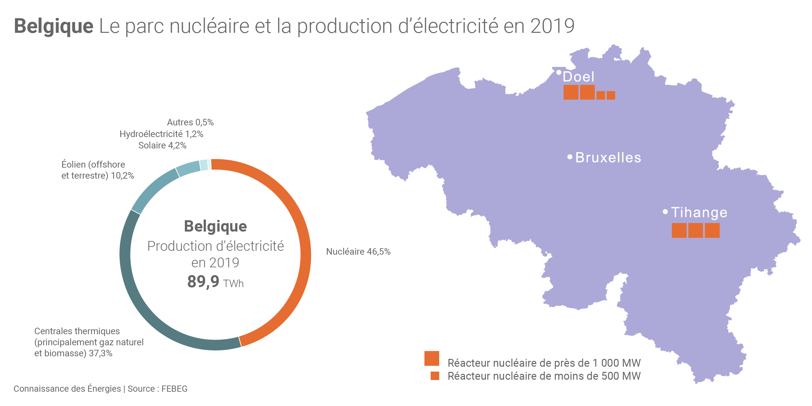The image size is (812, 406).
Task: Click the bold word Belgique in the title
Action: point(54,26)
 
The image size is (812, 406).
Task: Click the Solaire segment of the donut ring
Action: point(188,168)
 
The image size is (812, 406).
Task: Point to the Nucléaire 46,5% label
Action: point(358,252)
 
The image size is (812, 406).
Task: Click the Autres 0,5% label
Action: point(190,122)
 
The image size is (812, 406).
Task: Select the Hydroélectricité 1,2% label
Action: point(161,134)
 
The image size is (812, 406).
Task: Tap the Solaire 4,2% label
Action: point(162,146)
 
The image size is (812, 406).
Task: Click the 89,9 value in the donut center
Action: point(203,281)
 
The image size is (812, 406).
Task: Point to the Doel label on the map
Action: point(578,77)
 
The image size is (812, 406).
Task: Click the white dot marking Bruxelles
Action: point(570,157)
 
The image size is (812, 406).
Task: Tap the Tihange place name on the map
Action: point(699,212)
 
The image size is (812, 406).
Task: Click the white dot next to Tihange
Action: point(665,212)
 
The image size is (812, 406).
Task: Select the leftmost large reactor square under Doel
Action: point(571,92)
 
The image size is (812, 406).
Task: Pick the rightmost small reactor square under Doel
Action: point(611,95)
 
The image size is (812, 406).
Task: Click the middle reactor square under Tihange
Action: point(695,230)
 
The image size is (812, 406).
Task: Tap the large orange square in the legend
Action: point(432,358)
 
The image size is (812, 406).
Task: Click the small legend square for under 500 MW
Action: point(435,376)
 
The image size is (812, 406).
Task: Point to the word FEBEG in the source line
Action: point(174,389)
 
